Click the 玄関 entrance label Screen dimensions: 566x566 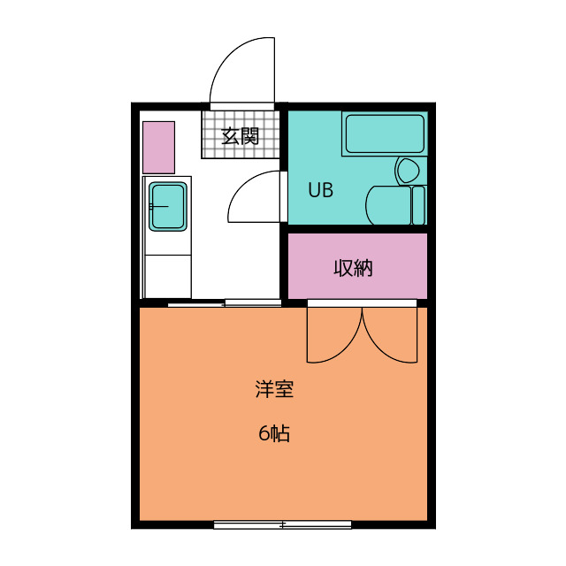pos(240,136)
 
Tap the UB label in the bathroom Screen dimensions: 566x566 pos(320,190)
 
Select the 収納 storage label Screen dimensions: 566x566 pos(353,268)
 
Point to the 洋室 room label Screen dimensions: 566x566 pos(274,389)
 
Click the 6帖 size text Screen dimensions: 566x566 pos(274,434)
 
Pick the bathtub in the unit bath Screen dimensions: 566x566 pos(384,134)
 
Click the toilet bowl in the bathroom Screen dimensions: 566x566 pos(408,171)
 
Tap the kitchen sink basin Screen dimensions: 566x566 pos(167,206)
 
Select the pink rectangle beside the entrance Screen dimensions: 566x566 pos(159,147)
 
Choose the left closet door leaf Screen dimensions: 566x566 pos(332,336)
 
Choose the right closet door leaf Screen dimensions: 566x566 pos(392,336)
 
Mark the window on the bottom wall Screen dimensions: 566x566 pos(282,524)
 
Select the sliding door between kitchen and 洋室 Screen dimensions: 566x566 pos(225,304)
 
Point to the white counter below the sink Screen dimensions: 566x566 pos(167,275)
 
